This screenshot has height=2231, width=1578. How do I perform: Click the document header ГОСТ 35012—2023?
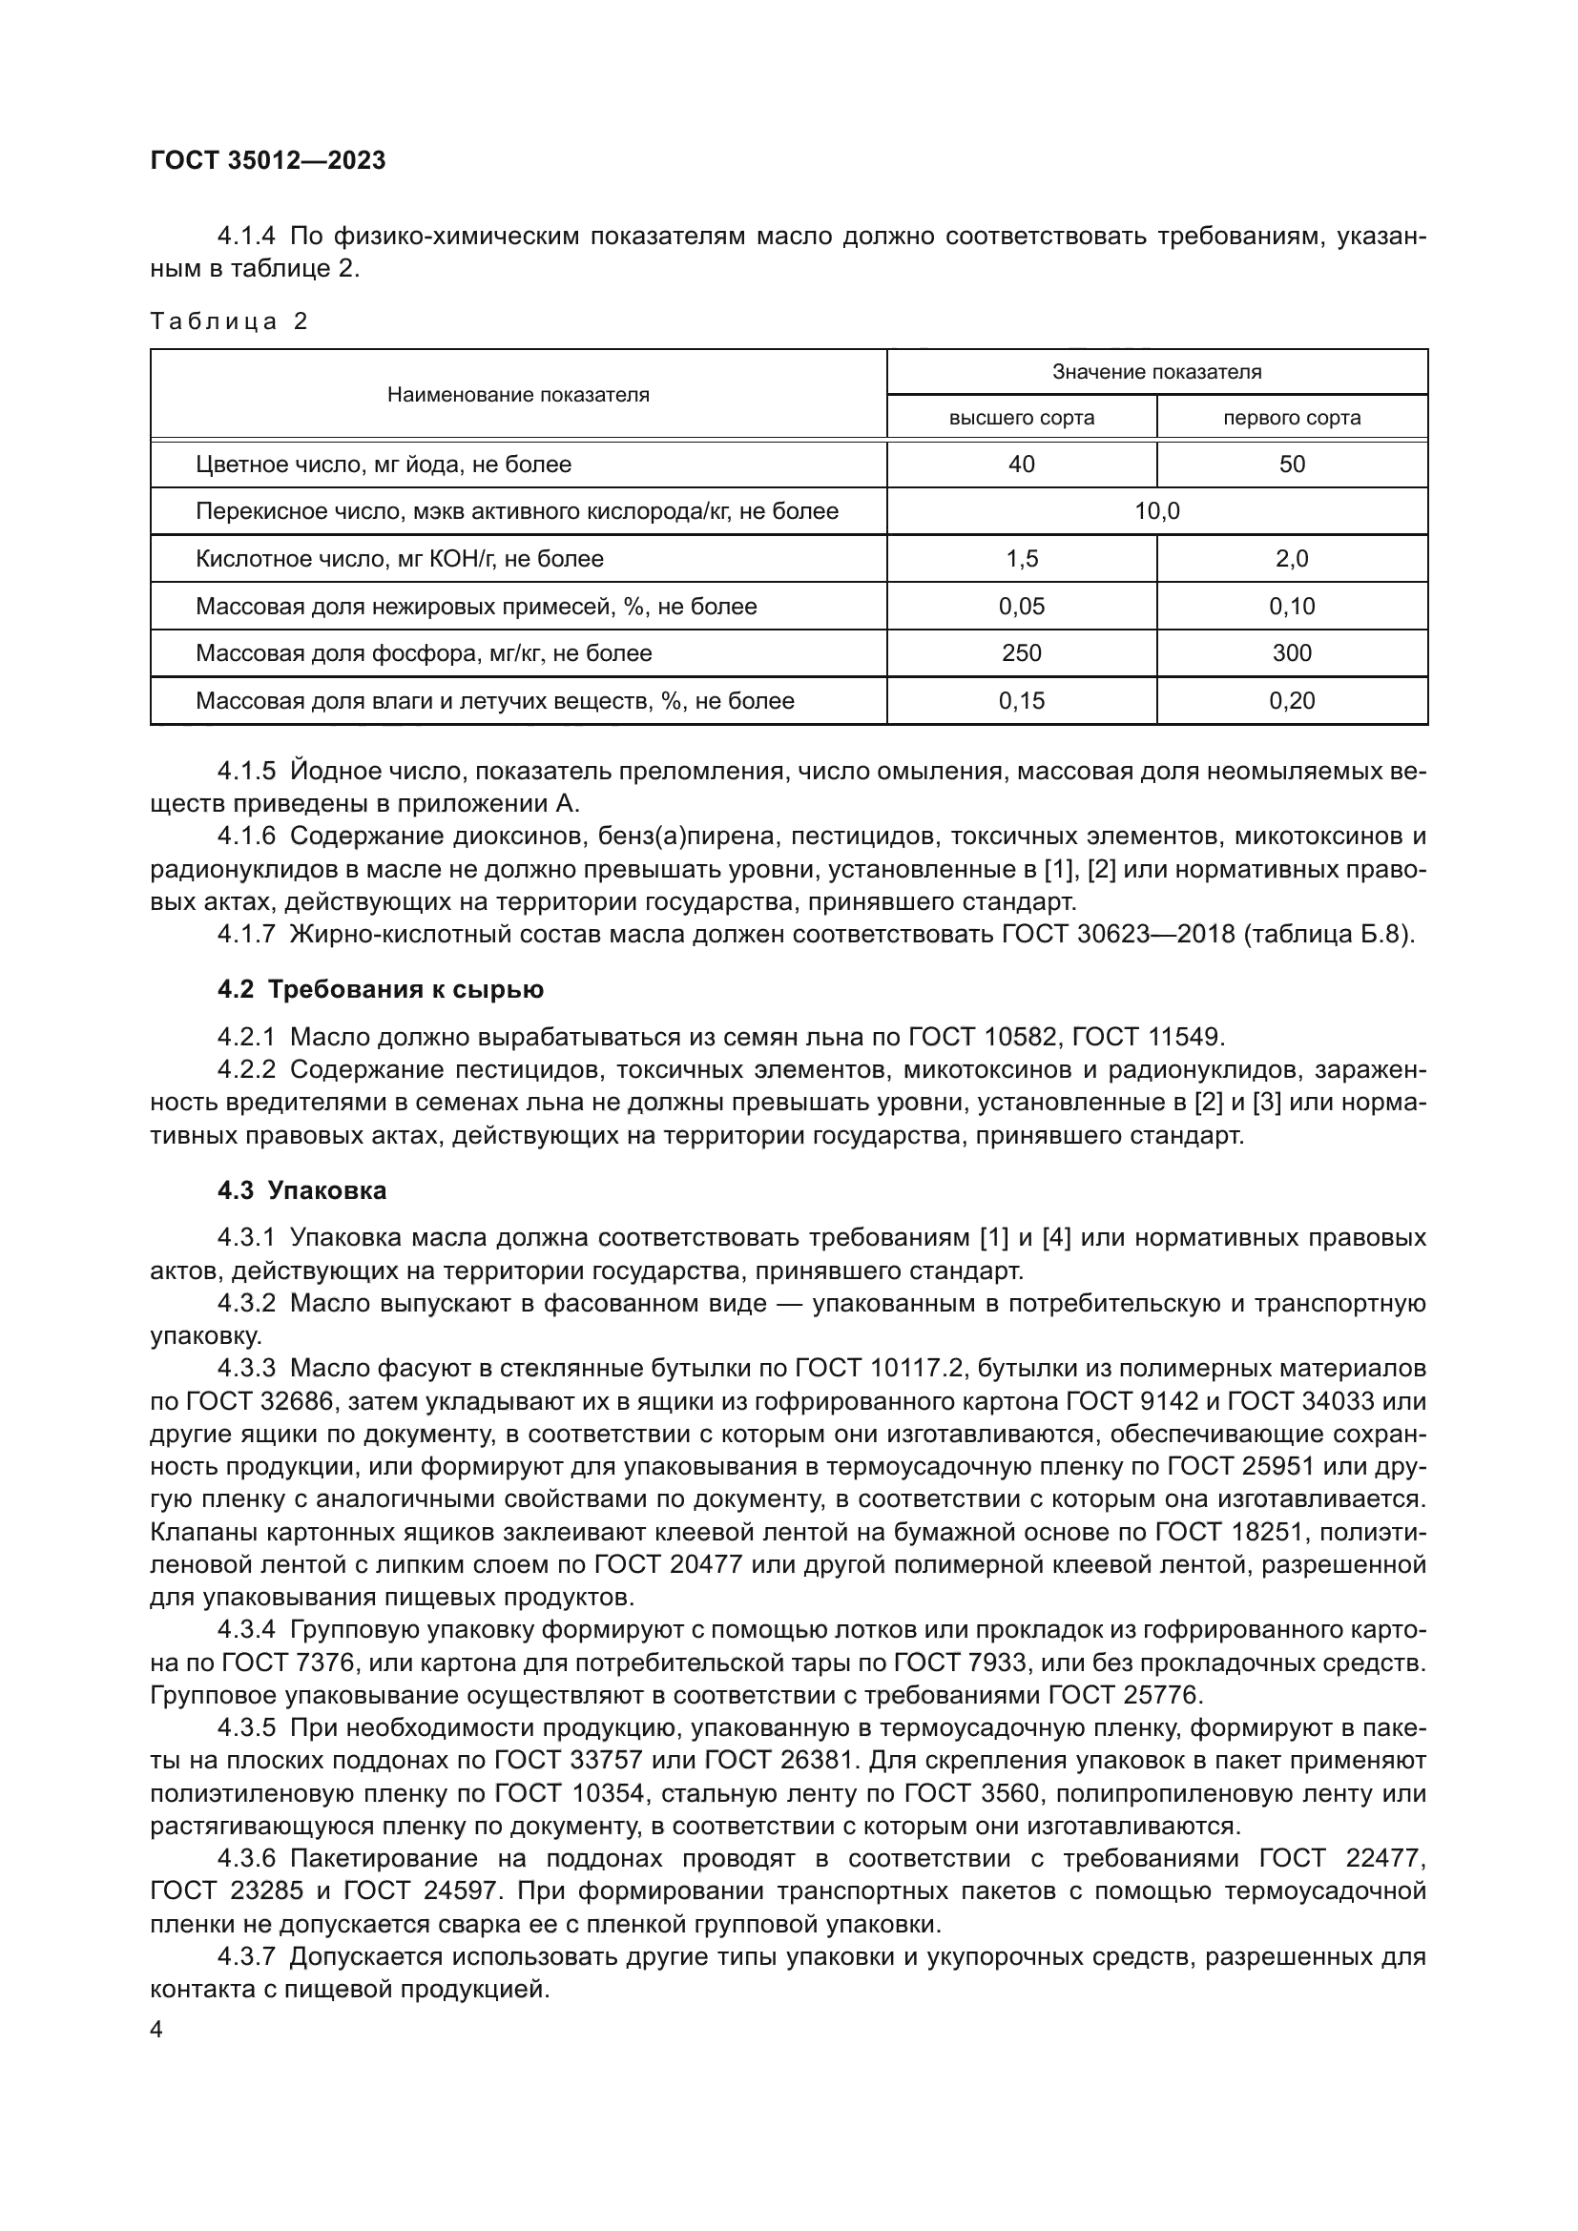[268, 160]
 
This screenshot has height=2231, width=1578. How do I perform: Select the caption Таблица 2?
[228, 321]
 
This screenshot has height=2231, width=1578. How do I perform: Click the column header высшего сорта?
[1021, 418]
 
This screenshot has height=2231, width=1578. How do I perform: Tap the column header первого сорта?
[1292, 418]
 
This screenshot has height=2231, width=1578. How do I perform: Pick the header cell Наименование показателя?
[518, 395]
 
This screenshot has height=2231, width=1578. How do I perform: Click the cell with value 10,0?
[1156, 511]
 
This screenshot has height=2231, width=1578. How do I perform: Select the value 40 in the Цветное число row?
[1021, 465]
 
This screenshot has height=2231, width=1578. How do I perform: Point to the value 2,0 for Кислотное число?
[1292, 559]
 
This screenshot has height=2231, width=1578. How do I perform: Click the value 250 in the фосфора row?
[1021, 653]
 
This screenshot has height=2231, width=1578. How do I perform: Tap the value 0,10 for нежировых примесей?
[1292, 607]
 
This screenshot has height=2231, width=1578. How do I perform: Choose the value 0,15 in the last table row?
[1021, 701]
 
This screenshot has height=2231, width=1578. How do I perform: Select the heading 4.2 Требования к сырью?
[380, 989]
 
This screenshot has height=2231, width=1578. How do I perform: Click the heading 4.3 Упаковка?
[302, 1190]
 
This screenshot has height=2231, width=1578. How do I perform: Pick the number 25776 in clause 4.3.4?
[1163, 1696]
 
